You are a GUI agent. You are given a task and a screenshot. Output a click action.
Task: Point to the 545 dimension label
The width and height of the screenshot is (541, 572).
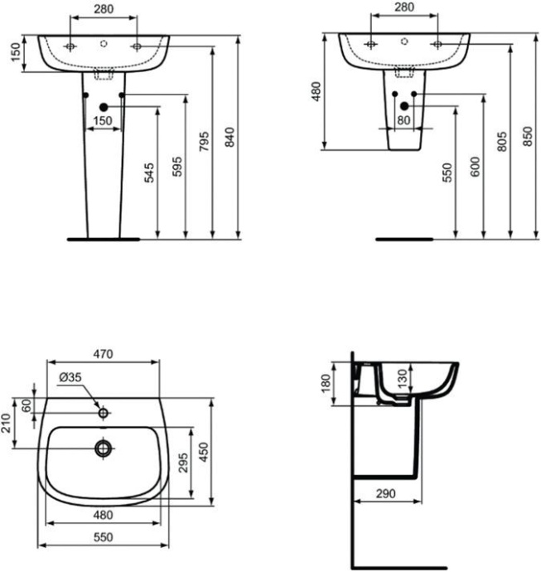point(149,173)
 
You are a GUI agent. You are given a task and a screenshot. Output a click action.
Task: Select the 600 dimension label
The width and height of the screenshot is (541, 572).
point(475,167)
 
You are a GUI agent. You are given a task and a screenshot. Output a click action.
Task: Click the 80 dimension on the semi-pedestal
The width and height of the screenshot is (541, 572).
point(403,120)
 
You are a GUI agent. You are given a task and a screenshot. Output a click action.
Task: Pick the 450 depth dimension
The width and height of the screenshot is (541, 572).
point(204,453)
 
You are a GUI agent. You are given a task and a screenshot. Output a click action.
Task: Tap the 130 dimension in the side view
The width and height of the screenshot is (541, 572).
point(403,379)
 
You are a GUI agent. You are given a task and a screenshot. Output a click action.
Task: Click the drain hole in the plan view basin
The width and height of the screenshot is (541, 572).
point(104,448)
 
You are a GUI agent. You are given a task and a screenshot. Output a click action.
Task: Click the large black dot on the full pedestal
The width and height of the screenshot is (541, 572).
point(104,107)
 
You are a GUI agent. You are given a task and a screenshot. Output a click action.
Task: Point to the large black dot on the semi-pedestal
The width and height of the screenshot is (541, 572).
point(404,106)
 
